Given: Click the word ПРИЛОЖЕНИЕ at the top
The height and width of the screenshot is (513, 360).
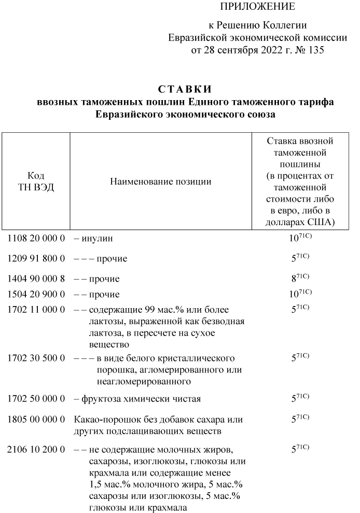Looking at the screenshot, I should point(257,7).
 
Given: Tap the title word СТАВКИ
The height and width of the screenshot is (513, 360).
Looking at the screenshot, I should point(185,90).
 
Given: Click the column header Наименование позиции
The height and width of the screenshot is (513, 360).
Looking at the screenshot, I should point(161,182).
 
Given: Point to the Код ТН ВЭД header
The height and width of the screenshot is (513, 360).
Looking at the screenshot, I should point(36,182).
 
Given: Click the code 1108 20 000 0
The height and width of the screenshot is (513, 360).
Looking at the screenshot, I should point(36,239).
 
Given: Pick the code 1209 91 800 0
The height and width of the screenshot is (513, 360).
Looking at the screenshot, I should point(36,258).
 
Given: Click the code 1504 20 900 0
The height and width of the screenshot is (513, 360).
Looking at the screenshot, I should point(36,294).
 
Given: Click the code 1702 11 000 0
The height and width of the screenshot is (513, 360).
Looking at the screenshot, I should point(36,310).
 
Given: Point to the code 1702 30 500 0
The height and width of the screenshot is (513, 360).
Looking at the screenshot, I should point(36,358).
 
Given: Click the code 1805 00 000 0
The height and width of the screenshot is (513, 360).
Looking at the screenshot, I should point(36,419).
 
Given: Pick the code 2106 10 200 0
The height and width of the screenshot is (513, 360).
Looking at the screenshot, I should point(36,448).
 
